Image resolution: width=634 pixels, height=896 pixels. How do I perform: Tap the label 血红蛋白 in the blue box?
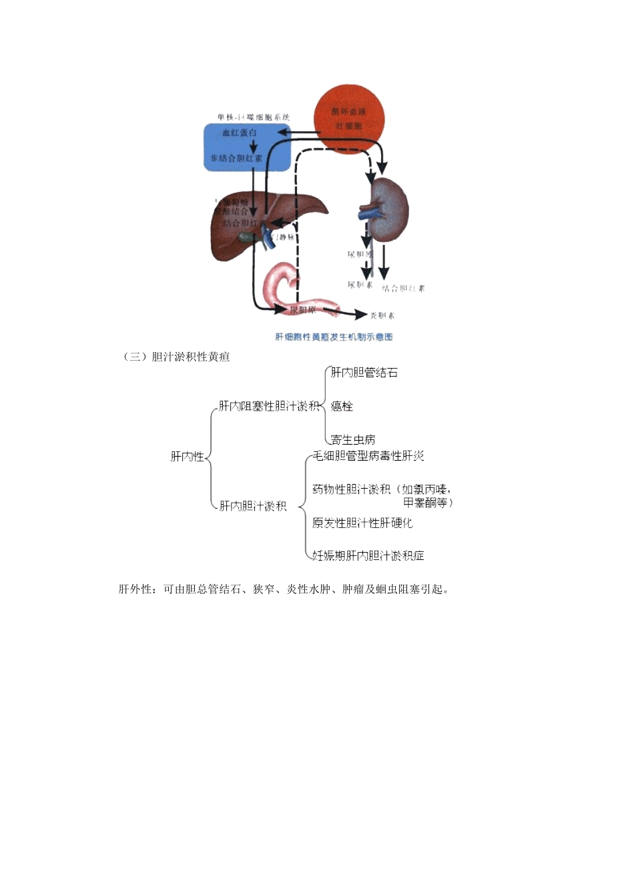click(240, 133)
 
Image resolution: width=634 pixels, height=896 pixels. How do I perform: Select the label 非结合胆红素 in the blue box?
click(236, 159)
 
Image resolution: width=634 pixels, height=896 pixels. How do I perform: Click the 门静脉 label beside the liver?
click(284, 237)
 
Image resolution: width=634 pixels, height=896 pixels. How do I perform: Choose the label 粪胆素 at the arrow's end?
click(382, 315)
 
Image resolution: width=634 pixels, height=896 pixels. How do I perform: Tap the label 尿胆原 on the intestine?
click(302, 311)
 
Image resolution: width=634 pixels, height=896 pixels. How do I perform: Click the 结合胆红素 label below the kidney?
click(403, 289)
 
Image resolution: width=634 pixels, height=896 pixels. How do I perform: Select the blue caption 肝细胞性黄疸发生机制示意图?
click(334, 337)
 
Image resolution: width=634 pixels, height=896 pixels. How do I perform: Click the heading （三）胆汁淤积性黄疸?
click(176, 357)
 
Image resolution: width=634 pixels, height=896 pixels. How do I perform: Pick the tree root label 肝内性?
click(187, 457)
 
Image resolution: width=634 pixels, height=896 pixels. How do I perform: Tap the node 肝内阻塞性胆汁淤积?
click(269, 406)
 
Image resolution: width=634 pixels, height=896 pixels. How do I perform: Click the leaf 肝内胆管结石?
click(364, 373)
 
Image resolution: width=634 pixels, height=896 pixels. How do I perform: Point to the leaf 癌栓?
click(342, 406)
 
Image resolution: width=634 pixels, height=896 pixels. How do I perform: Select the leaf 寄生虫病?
click(353, 440)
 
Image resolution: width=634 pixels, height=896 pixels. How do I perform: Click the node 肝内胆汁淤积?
click(253, 506)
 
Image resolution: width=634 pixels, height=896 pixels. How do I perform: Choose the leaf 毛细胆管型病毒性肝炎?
click(368, 457)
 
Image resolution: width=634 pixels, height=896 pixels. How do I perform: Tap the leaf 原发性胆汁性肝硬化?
click(363, 523)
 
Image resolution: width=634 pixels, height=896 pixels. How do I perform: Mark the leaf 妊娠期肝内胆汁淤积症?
click(368, 555)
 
